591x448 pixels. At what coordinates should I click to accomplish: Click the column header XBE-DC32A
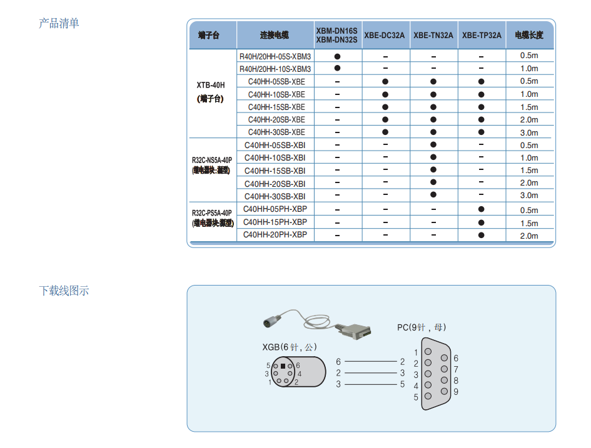(x=385, y=35)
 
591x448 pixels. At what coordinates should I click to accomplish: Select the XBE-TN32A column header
(x=433, y=35)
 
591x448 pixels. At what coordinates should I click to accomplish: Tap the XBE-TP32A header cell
(x=482, y=35)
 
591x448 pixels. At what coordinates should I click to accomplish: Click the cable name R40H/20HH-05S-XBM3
(x=275, y=56)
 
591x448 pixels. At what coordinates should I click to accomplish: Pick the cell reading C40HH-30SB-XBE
(x=276, y=132)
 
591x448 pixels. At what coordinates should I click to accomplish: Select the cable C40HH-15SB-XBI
(x=275, y=171)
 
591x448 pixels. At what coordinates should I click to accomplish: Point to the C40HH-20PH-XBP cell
(x=275, y=235)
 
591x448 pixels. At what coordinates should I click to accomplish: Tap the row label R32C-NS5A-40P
(x=211, y=159)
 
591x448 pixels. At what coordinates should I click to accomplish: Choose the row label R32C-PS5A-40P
(x=211, y=212)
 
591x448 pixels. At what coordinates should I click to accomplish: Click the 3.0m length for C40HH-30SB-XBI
(x=529, y=196)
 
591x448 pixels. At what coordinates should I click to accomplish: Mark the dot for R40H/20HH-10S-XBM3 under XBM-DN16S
(x=337, y=68)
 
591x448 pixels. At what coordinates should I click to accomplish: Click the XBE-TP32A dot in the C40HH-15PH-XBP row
(x=481, y=222)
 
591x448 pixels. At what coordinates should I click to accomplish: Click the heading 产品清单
(x=59, y=24)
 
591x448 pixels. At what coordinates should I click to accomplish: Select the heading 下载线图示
(x=64, y=291)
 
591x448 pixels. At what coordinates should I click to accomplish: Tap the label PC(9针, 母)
(x=422, y=327)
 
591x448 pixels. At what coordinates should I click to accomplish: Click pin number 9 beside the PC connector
(x=456, y=392)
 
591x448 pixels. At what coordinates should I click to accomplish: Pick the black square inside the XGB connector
(x=283, y=366)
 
